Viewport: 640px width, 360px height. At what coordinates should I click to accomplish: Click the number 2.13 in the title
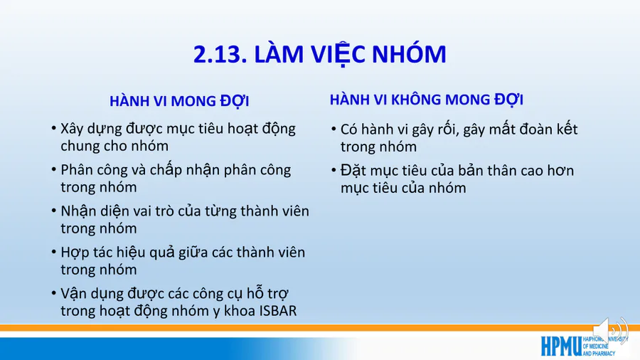coord(220,54)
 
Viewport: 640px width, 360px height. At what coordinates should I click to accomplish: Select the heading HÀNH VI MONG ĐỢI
coord(179,100)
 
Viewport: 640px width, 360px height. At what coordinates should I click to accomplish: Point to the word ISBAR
coord(278,311)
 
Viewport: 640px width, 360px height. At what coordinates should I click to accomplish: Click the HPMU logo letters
coord(561,346)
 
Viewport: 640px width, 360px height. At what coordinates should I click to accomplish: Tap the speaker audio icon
coord(610,330)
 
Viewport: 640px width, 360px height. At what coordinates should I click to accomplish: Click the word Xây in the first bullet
coord(73,129)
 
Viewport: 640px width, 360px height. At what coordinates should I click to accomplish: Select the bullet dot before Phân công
coord(54,169)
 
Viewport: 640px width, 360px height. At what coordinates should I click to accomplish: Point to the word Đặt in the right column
coord(353,171)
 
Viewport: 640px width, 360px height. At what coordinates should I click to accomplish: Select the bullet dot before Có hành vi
coord(334,129)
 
